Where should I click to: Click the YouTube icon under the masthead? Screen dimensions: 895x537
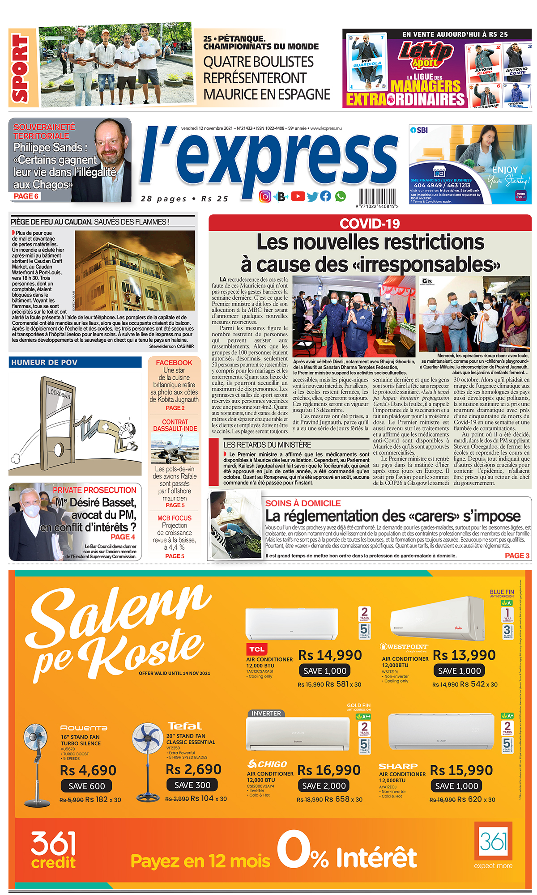[x=298, y=196]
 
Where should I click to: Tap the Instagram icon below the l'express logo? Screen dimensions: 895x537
[x=265, y=196]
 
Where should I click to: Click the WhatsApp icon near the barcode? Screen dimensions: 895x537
[x=341, y=196]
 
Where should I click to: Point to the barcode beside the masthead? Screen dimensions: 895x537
[x=377, y=197]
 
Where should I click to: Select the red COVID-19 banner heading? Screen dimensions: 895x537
[x=370, y=223]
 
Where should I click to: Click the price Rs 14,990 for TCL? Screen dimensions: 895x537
[x=330, y=655]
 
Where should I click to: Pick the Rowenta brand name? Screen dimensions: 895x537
[x=84, y=728]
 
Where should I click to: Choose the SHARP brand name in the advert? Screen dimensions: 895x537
[x=398, y=766]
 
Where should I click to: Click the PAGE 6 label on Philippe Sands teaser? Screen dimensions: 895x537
[x=26, y=196]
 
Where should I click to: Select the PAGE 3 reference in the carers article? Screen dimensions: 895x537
[x=517, y=556]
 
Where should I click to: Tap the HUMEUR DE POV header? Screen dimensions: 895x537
[x=44, y=362]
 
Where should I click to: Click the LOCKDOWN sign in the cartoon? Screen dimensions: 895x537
[x=60, y=394]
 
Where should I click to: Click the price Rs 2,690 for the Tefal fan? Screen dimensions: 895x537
[x=193, y=769]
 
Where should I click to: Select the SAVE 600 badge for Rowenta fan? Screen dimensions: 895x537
[x=86, y=786]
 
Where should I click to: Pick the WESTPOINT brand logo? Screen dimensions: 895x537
[x=404, y=647]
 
